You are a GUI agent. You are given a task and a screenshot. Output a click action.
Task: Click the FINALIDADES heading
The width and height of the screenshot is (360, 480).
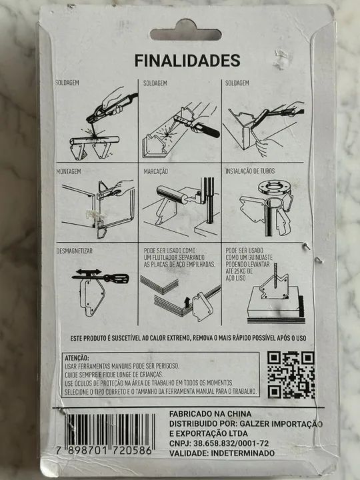(187, 61)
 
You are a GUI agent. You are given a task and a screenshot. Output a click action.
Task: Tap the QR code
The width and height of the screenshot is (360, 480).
(291, 374)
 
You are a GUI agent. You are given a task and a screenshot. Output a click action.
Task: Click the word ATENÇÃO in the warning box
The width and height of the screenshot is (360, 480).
(76, 358)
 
